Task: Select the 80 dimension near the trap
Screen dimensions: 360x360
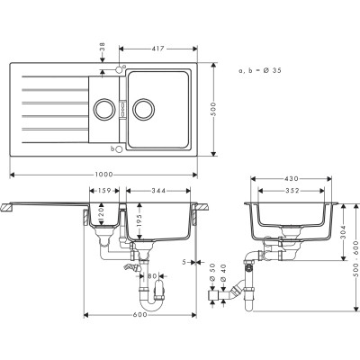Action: (153, 277)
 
